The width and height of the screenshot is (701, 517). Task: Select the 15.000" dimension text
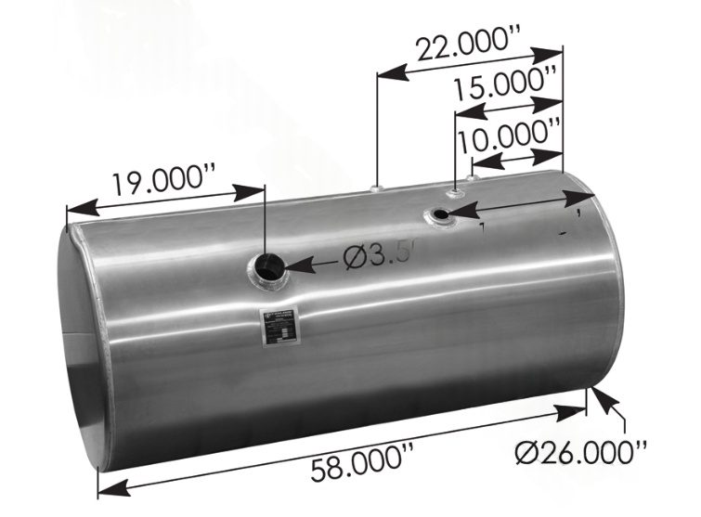point(508,91)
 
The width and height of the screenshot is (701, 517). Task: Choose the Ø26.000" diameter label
point(581,451)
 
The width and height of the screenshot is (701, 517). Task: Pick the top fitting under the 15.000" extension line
point(455,192)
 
